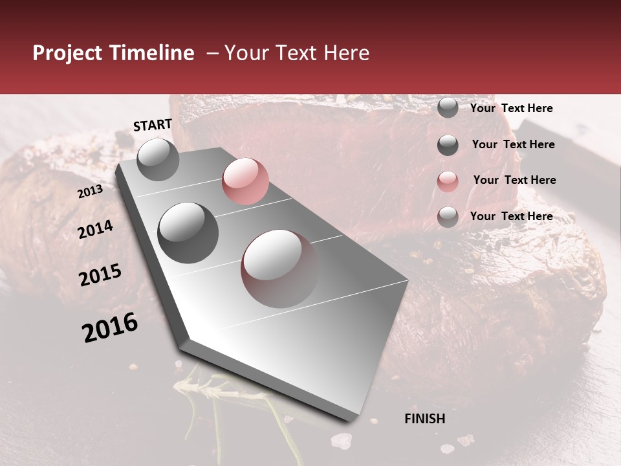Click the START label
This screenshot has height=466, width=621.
click(x=153, y=125)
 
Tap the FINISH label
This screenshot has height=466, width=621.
click(x=424, y=419)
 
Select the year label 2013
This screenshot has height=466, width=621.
click(x=90, y=192)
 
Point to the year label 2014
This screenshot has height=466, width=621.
click(x=96, y=229)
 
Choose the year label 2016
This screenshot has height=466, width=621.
click(x=110, y=327)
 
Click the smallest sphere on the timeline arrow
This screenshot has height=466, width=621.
click(x=158, y=159)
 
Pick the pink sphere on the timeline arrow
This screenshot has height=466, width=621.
click(x=245, y=181)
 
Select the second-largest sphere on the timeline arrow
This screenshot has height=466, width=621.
click(x=188, y=232)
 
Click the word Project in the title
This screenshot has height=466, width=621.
click(x=67, y=53)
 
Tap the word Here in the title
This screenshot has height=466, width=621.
click(x=345, y=53)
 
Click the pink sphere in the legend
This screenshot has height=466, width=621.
click(x=448, y=181)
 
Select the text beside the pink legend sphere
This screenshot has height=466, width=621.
click(x=514, y=180)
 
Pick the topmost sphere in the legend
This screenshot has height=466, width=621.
click(x=448, y=107)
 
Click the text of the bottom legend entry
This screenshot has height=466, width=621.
click(x=511, y=216)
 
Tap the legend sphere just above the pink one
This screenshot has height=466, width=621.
click(x=448, y=145)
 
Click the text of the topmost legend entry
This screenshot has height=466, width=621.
click(x=511, y=108)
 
